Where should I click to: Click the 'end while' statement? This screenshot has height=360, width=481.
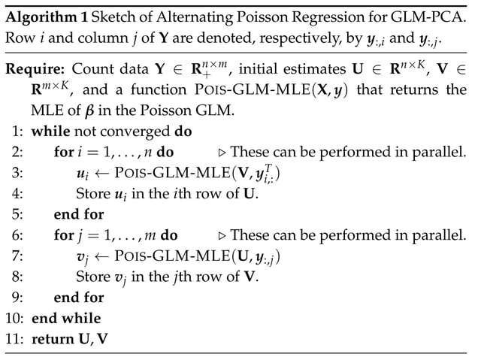(65, 318)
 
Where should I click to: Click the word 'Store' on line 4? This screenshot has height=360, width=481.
(92, 194)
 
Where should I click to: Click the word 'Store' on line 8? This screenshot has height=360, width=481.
(92, 277)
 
